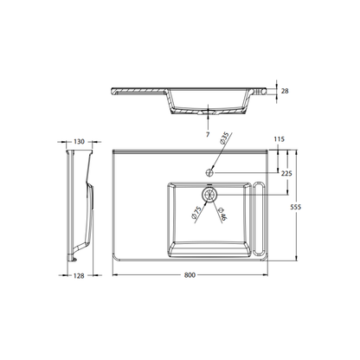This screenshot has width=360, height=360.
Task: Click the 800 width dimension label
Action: click(190, 275)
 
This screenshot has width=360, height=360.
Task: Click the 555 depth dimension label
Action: click(295, 207)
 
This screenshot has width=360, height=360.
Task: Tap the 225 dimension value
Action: click(286, 173)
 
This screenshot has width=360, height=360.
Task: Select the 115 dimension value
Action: click(279, 139)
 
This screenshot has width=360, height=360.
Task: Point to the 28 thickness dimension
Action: click(285, 91)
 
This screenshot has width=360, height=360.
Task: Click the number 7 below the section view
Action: click(208, 134)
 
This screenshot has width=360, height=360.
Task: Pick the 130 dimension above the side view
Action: click(79, 142)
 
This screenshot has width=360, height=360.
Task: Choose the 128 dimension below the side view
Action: click(79, 276)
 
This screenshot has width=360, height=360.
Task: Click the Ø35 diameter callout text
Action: click(224, 138)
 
